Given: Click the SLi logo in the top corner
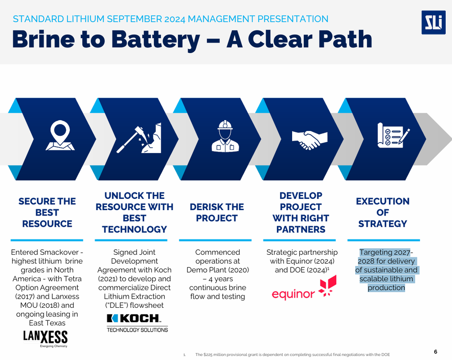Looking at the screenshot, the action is coord(433,22).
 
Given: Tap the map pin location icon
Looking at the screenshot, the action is coord(59,135).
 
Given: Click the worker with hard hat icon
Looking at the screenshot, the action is coord(225,136).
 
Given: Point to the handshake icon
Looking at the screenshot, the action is coord(307,139).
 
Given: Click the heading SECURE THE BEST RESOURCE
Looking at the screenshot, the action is coord(47,212).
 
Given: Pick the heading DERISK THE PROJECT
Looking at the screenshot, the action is coord(217,212).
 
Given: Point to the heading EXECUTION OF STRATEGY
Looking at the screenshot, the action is coord(383,212).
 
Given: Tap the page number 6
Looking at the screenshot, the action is coord(435,351).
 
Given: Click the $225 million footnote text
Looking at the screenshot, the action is coord(292,355).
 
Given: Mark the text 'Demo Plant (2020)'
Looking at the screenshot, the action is coord(218,270).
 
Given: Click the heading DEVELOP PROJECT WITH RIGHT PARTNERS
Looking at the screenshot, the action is coord(301,212).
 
